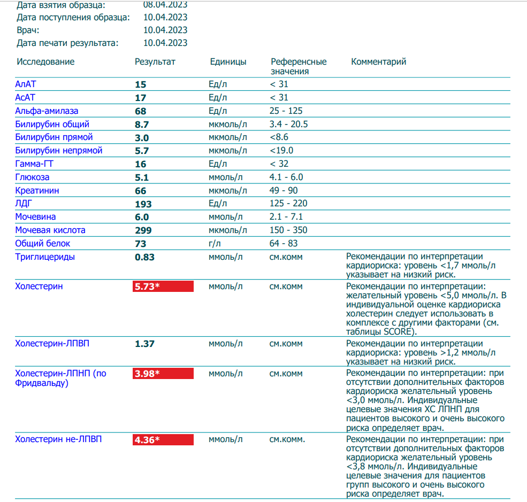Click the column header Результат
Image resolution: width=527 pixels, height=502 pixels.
pyautogui.click(x=155, y=62)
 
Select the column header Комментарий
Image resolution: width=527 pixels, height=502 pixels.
pyautogui.click(x=378, y=62)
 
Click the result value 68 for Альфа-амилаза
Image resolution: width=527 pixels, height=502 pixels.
pyautogui.click(x=141, y=111)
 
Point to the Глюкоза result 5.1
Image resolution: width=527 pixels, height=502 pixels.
pyautogui.click(x=141, y=177)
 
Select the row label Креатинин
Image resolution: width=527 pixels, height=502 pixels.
pyautogui.click(x=37, y=191)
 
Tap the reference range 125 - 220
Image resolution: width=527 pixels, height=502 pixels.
pyautogui.click(x=289, y=204)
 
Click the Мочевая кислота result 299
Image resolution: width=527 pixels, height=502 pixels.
pyautogui.click(x=143, y=230)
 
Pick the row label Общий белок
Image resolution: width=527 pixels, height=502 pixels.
pyautogui.click(x=42, y=244)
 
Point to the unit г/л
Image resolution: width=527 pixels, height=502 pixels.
pyautogui.click(x=215, y=244)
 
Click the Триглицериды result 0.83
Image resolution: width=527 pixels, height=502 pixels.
pyautogui.click(x=144, y=257)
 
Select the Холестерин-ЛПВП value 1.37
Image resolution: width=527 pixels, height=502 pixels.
pyautogui.click(x=144, y=344)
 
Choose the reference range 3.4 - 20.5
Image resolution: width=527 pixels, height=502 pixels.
pyautogui.click(x=289, y=125)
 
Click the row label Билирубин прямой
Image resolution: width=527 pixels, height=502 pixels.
pyautogui.click(x=54, y=137)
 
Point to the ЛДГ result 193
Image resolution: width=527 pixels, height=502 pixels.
pyautogui.click(x=143, y=204)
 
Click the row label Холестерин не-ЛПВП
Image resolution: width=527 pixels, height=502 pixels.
pyautogui.click(x=58, y=440)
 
